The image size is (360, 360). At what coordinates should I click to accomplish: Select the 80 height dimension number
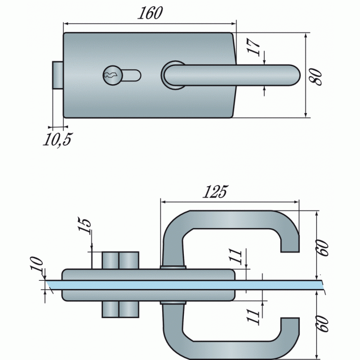[x=316, y=75]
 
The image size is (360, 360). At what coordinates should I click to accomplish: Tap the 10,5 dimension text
[x=58, y=140]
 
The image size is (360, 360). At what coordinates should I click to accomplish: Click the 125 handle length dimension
[x=215, y=192]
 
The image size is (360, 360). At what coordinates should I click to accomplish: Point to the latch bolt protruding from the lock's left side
[x=57, y=75]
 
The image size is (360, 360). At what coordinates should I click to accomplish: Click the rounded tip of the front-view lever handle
[x=294, y=75]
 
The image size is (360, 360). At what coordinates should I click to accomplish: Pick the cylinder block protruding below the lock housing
[x=120, y=309]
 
